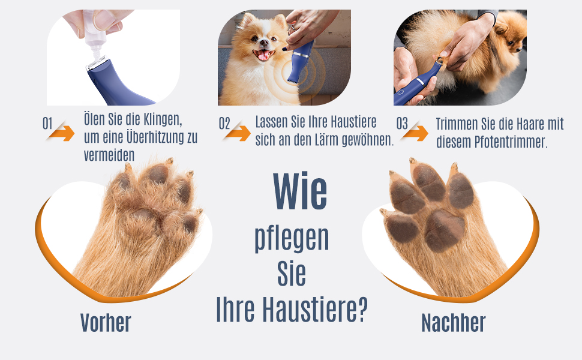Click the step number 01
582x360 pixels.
click(x=48, y=124)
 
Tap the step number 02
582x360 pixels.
click(x=224, y=124)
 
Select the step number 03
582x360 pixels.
click(x=402, y=124)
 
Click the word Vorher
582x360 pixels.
click(x=106, y=323)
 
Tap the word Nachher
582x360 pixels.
click(x=453, y=323)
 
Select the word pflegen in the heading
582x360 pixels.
click(x=292, y=238)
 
